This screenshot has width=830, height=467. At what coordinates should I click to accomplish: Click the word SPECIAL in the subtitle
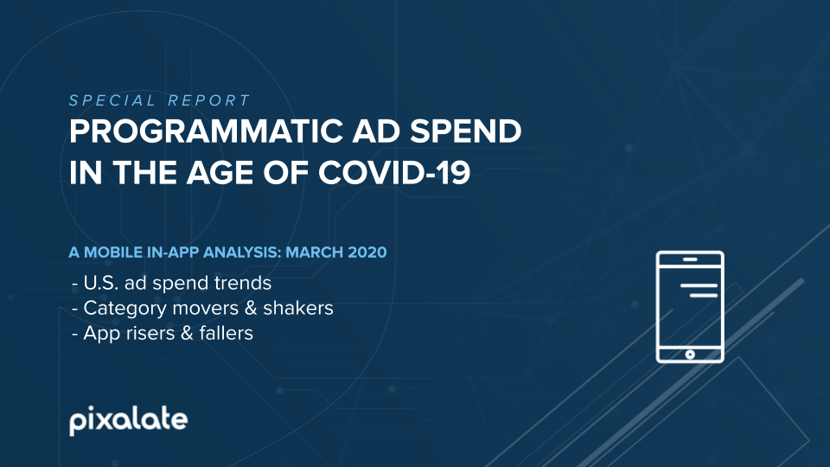point(112,100)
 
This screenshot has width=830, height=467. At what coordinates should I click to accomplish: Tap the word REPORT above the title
point(209,100)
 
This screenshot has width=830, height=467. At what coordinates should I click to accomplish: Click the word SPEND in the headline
point(466,131)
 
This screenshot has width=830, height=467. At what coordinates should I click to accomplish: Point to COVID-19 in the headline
point(394,173)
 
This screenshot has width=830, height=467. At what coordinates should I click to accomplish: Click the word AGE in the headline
point(220,173)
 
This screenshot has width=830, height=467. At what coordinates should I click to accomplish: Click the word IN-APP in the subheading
point(174,252)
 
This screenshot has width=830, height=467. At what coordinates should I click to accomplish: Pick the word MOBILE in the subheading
point(114,252)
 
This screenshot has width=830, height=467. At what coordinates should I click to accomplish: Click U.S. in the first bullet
point(101,283)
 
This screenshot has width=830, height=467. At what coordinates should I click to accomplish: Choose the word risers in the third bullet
point(150,333)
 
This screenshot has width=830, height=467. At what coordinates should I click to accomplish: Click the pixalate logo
point(129,421)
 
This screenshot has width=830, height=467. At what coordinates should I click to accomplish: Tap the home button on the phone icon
point(690,355)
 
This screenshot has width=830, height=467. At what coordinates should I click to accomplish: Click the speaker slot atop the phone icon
point(690,259)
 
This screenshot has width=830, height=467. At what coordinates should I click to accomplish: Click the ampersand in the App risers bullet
point(188,333)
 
